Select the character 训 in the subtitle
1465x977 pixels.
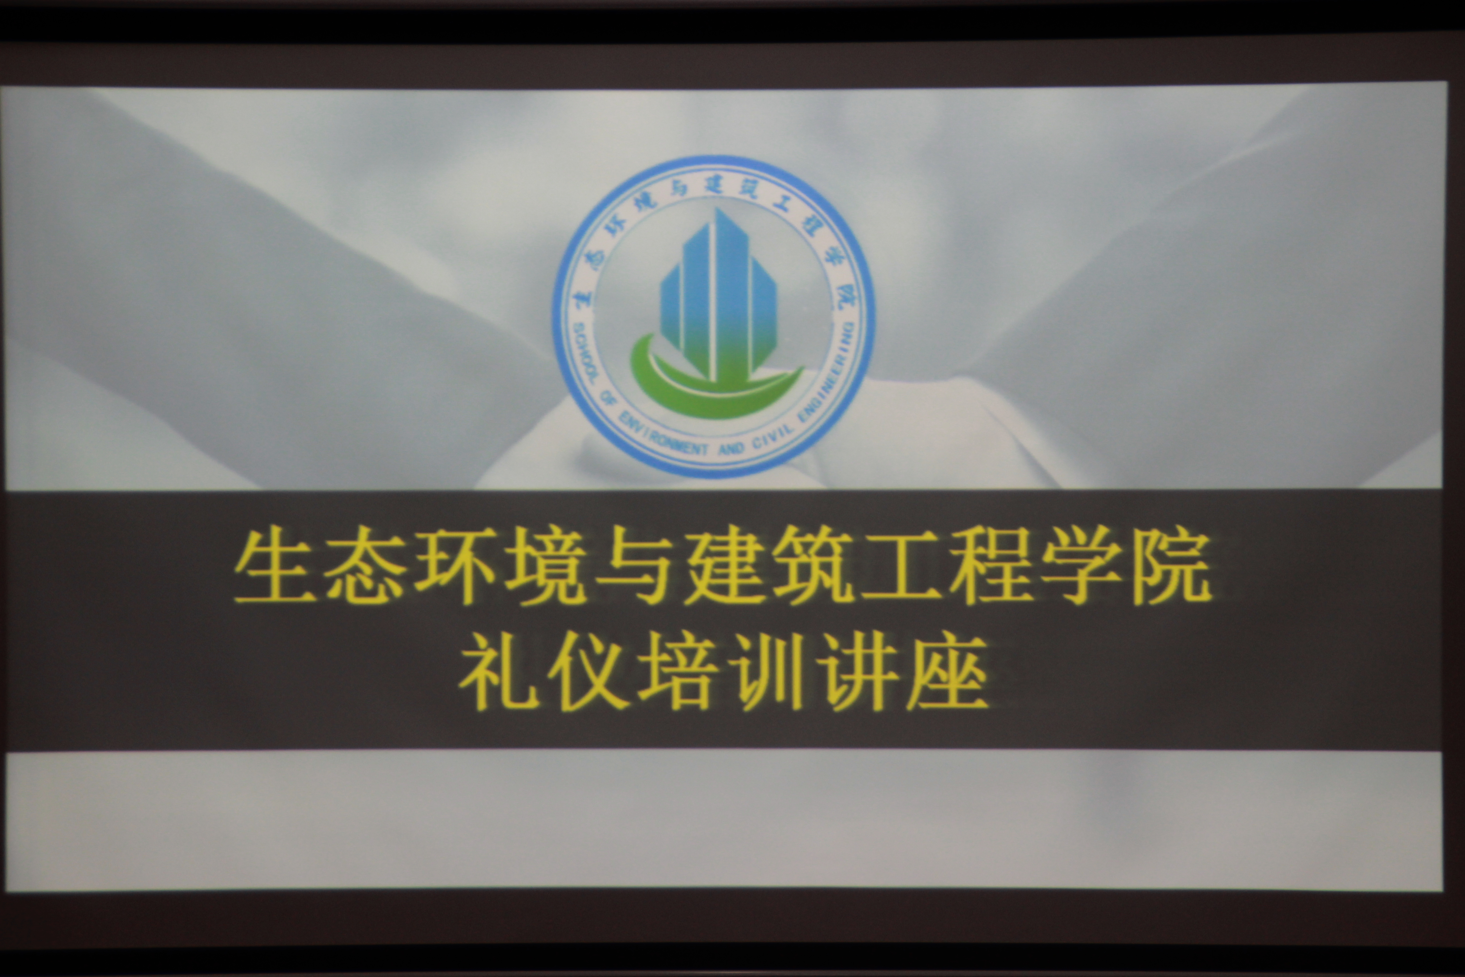point(767,672)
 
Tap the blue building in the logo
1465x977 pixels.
point(718,293)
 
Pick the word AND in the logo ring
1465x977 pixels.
point(731,448)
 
